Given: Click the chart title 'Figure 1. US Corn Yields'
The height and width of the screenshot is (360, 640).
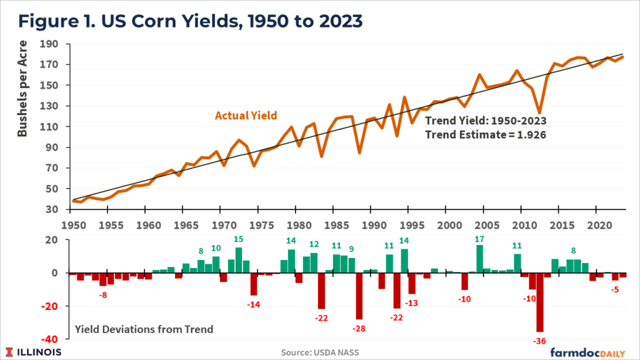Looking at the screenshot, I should pyautogui.click(x=190, y=21).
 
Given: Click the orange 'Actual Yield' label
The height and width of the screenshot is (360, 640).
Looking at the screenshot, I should pyautogui.click(x=246, y=116).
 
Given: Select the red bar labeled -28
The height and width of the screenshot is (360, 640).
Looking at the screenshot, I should pyautogui.click(x=359, y=296).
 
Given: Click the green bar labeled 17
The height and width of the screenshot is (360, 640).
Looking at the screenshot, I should pyautogui.click(x=480, y=259).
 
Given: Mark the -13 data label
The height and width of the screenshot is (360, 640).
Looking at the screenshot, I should pyautogui.click(x=412, y=303).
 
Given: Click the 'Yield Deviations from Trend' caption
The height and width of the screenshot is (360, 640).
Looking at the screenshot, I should pyautogui.click(x=144, y=329).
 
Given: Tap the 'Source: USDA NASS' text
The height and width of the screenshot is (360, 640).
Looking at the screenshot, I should pyautogui.click(x=320, y=352).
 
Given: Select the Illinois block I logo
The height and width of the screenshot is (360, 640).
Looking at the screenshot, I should pyautogui.click(x=11, y=352).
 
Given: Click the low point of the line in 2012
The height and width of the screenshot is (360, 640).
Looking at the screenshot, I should pyautogui.click(x=539, y=112).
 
